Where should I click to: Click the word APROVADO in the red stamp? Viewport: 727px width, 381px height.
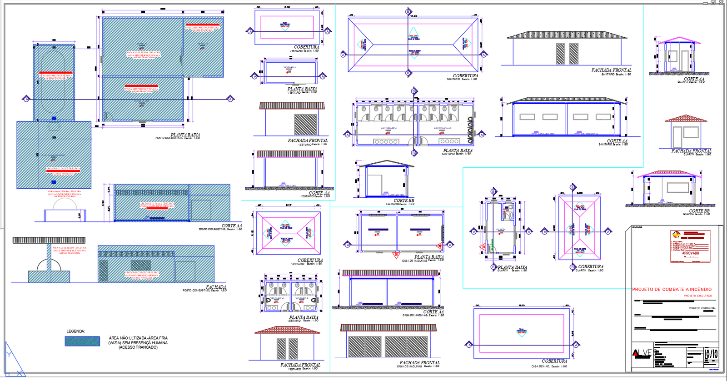(690, 253)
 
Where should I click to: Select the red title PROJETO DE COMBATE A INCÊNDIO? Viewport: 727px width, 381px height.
(672, 289)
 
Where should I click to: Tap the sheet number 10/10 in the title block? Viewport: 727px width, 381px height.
(711, 354)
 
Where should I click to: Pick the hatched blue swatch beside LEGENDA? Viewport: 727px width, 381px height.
(82, 341)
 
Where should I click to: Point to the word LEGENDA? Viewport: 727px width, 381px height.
(75, 331)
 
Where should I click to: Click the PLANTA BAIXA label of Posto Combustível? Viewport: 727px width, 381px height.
(185, 135)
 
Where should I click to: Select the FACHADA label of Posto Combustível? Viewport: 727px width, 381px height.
(216, 287)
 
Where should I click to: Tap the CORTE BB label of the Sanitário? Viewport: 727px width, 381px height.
(403, 201)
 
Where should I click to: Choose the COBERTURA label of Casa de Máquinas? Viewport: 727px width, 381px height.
(554, 361)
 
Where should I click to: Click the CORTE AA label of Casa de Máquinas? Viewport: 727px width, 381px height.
(433, 312)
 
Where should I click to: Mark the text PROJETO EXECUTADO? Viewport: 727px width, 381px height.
(698, 296)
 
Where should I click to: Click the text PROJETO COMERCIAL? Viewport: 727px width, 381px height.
(702, 308)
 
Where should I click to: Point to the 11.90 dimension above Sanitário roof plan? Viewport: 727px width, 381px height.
(413, 16)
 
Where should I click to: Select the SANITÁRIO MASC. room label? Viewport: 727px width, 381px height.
(442, 128)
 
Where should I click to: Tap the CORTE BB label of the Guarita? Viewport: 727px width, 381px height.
(699, 211)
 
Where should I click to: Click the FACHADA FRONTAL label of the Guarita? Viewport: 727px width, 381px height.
(691, 151)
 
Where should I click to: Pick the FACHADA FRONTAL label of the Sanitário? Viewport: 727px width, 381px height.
(611, 70)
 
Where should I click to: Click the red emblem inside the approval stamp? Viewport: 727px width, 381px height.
(676, 235)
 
